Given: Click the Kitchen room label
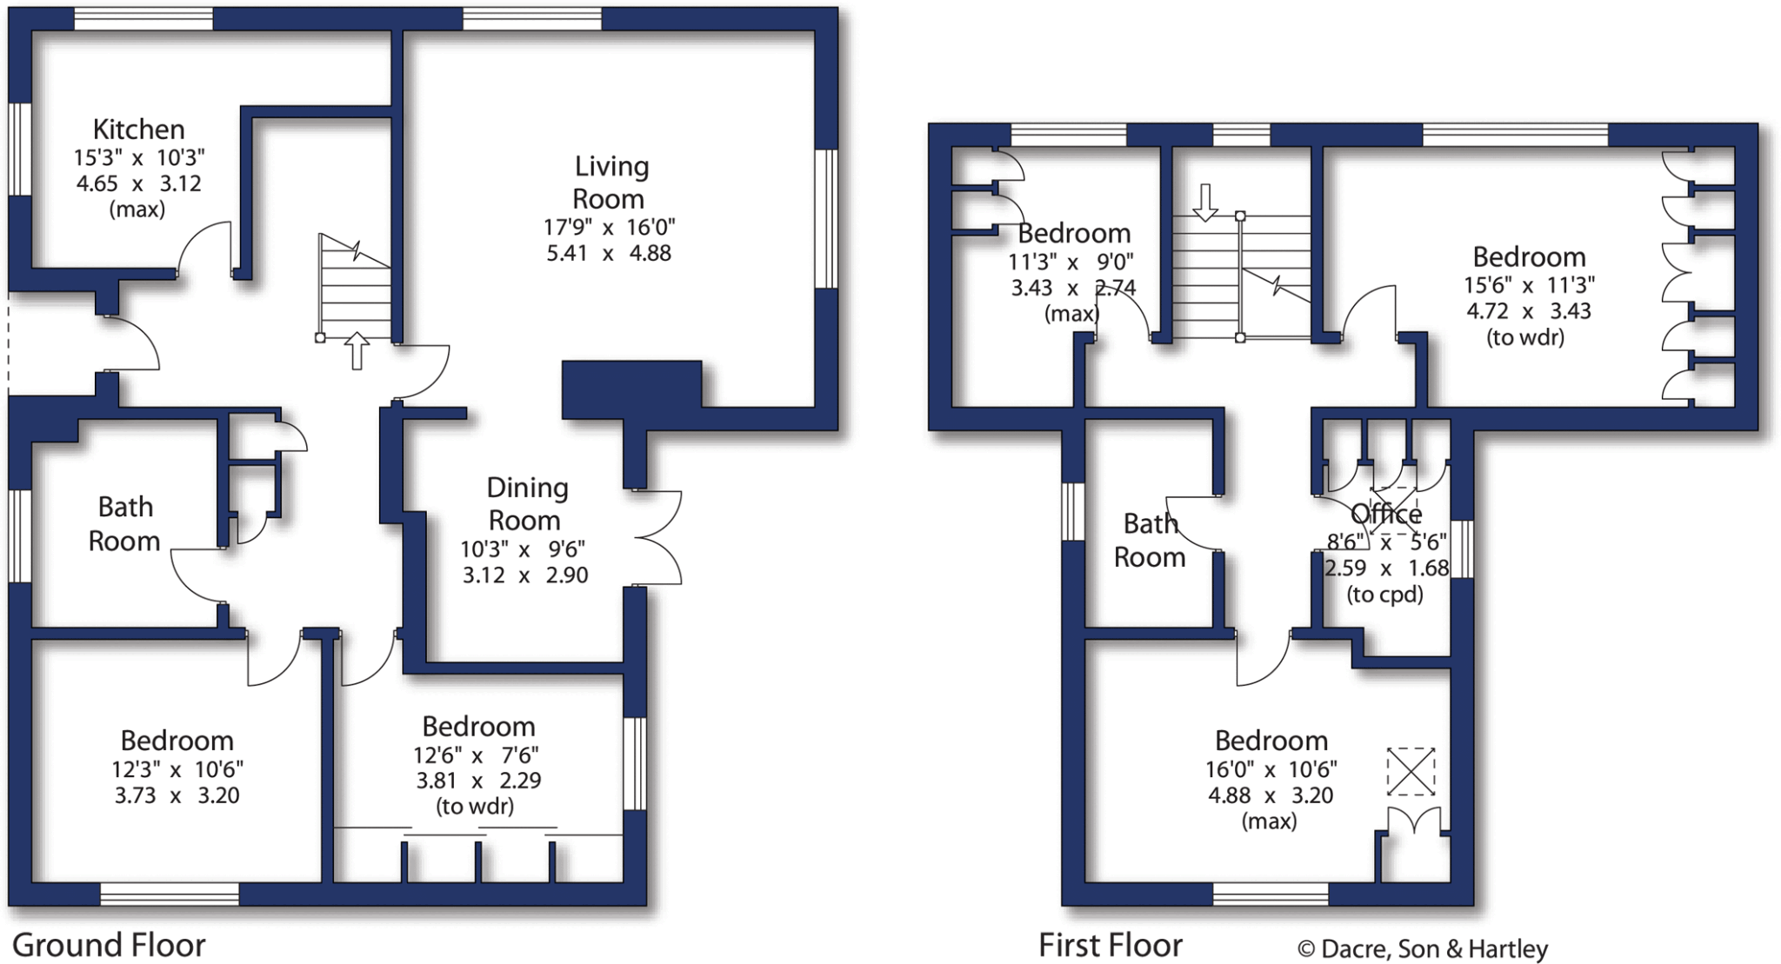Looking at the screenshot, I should pos(138,130).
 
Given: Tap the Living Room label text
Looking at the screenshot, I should pos(609,183).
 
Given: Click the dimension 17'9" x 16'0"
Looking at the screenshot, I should pos(609,228).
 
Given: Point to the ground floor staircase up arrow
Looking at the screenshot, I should pos(357,350).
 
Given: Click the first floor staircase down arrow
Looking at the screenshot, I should pos(1205,202).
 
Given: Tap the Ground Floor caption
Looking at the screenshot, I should pos(109,945).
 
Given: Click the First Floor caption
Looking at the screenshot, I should pos(1111,945).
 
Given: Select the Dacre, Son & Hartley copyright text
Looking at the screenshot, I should pos(1422,949).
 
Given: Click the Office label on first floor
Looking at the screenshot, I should pos(1386,515).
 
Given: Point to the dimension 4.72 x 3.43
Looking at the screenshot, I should pos(1528,311).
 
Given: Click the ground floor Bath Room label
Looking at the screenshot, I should pos(124,524).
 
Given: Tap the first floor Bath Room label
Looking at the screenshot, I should pos(1150,540).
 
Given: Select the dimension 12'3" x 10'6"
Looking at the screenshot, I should pos(177,769).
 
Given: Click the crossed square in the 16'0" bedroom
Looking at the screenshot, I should pos(1411,771).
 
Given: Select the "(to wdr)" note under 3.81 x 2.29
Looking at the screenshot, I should pos(475,807).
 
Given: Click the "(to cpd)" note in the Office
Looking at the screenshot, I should pos(1384,595).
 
